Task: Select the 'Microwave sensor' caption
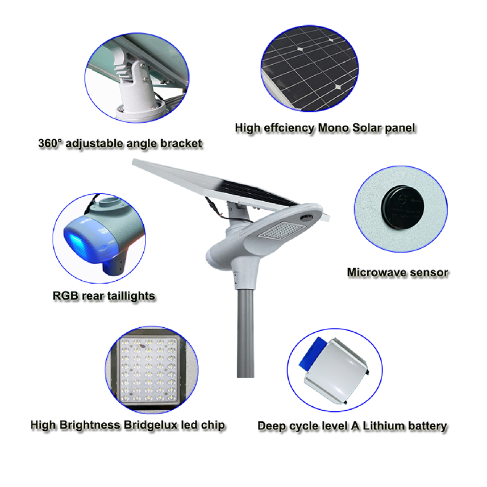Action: pyautogui.click(x=397, y=272)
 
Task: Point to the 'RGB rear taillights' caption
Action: pyautogui.click(x=104, y=296)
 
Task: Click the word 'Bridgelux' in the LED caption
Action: pyautogui.click(x=151, y=425)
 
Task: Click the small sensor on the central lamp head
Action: pyautogui.click(x=307, y=217)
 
